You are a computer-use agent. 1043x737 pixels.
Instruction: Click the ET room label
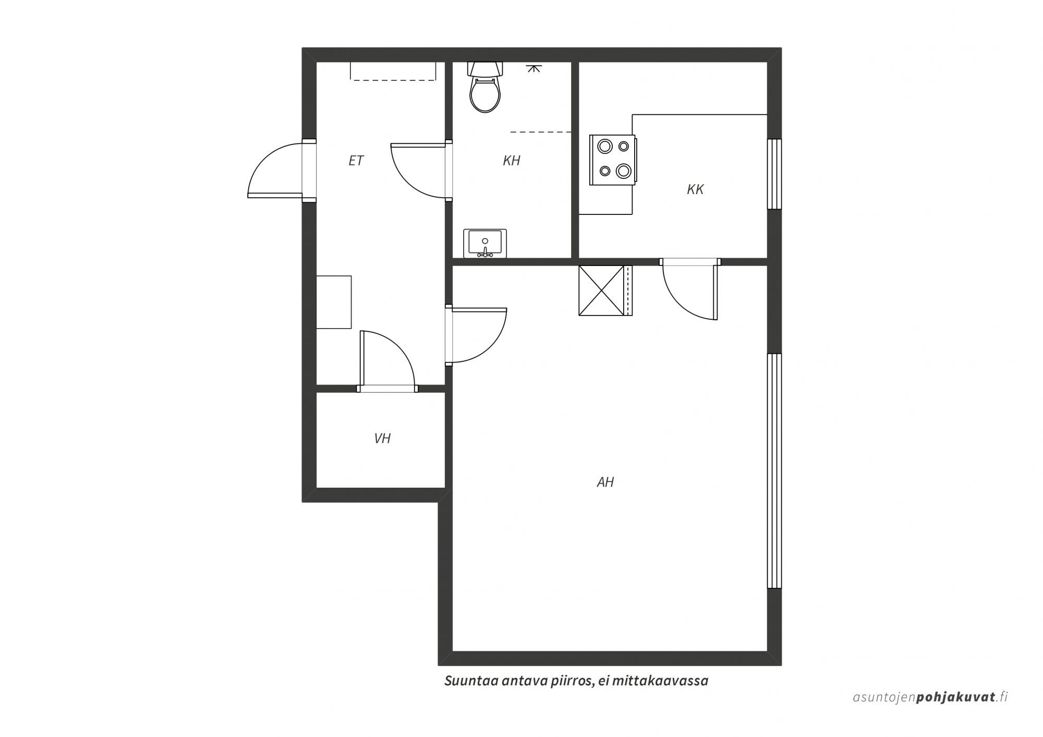tap(356, 161)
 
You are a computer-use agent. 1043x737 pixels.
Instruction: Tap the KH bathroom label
tap(512, 161)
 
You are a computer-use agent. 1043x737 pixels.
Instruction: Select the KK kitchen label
tap(696, 189)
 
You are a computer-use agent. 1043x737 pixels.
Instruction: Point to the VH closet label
tap(383, 439)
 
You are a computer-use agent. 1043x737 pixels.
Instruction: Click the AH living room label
tap(605, 482)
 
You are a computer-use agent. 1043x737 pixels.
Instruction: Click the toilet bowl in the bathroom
tap(485, 94)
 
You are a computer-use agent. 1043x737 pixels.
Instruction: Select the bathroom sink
tap(485, 244)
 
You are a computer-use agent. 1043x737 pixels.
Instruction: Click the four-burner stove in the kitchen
tap(613, 160)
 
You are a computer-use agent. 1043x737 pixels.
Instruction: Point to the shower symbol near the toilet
tap(533, 68)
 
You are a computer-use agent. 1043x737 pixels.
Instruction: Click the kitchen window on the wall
tap(774, 174)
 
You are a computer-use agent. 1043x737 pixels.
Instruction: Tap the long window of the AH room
tap(774, 471)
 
